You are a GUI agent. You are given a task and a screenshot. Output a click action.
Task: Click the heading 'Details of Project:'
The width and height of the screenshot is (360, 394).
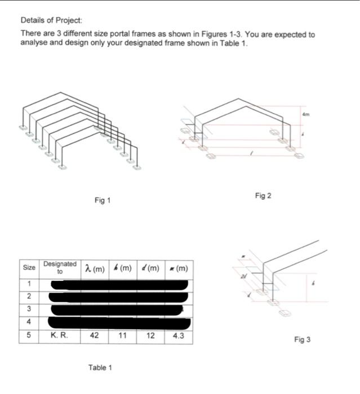[51, 20]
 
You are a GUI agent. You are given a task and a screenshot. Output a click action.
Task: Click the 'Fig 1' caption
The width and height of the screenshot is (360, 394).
[102, 200]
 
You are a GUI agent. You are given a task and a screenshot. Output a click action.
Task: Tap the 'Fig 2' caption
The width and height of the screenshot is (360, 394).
[263, 195]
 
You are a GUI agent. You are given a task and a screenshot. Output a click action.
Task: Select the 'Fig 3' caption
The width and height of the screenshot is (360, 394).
[302, 339]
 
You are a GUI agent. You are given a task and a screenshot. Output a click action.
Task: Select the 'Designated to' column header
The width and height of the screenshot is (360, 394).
[60, 267]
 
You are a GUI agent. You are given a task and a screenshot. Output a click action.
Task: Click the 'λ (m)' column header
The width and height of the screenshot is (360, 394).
[95, 267]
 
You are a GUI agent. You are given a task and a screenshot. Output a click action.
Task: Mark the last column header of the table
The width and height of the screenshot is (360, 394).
[178, 267]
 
